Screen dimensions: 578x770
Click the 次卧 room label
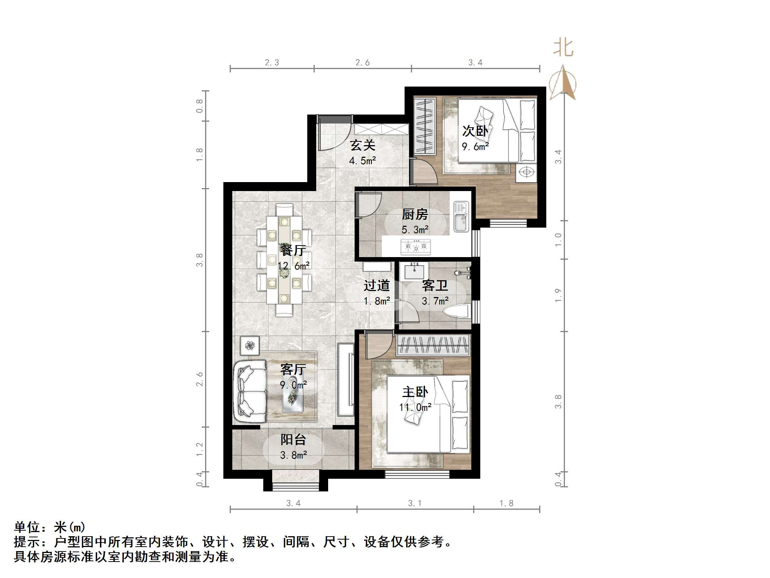point(475,131)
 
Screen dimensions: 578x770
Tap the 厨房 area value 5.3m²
point(415,229)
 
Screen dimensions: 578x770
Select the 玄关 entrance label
point(362,145)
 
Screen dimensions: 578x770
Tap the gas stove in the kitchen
point(415,247)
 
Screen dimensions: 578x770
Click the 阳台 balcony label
point(293,440)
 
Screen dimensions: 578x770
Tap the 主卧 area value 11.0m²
point(415,407)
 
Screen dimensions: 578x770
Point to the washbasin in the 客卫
point(415,271)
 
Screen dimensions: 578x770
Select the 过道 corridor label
point(377,286)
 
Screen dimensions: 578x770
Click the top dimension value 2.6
point(362,63)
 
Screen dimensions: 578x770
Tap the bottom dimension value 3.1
point(415,503)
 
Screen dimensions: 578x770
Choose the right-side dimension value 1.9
point(558,295)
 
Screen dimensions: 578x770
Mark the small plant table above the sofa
point(249,345)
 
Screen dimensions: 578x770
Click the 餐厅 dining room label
point(293,250)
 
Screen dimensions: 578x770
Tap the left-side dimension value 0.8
point(200,106)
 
